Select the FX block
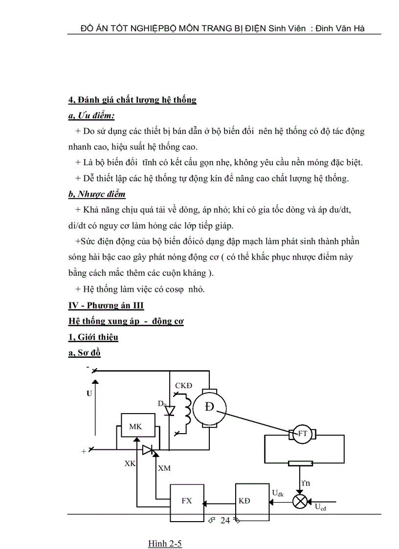(x=187, y=501)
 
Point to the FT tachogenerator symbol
(x=303, y=433)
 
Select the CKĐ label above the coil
(x=183, y=386)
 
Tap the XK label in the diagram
(x=130, y=463)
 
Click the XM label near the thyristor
(x=164, y=468)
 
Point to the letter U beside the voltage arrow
(x=89, y=393)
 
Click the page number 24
(x=225, y=520)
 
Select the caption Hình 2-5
(x=165, y=544)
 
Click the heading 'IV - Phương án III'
(x=106, y=306)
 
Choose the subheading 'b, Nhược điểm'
(x=97, y=194)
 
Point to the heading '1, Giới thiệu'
(x=93, y=337)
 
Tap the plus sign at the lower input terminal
(x=84, y=452)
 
